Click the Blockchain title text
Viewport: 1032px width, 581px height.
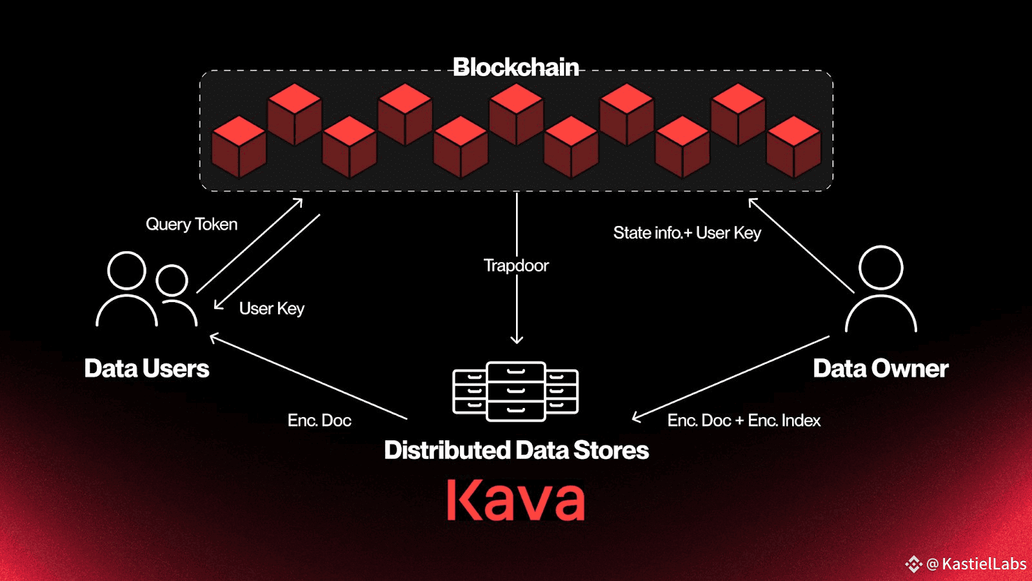[515, 67]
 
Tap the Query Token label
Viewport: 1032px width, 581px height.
[192, 225]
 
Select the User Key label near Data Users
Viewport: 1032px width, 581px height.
[272, 309]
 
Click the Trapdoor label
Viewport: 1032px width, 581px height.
[516, 265]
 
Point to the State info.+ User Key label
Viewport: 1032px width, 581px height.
[687, 233]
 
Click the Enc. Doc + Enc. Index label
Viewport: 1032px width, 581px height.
[744, 420]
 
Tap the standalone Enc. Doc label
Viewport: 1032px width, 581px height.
[319, 420]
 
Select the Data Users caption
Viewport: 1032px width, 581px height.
[146, 369]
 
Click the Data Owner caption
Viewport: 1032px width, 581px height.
[880, 369]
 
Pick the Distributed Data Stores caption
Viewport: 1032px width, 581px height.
[517, 450]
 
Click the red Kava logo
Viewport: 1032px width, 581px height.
[516, 500]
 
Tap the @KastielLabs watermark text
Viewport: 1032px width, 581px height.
[977, 564]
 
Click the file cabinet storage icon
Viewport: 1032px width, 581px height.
[515, 391]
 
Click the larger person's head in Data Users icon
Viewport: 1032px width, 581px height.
[126, 271]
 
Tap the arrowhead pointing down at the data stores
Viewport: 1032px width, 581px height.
[517, 340]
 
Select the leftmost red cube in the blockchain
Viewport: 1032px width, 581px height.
[239, 147]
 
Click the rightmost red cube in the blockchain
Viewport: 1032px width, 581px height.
[794, 147]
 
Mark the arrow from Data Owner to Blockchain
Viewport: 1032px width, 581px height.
[801, 245]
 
